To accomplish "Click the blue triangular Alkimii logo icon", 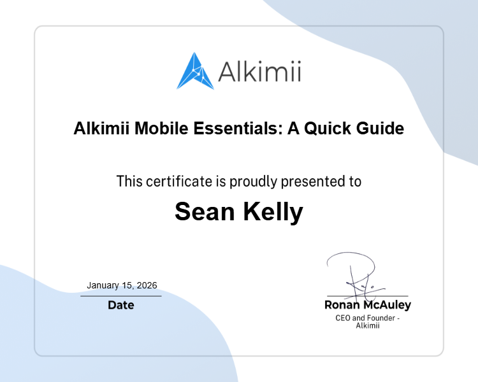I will point(196,71).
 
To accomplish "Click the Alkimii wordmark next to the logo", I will point(259,71).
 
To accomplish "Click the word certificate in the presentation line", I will point(180,181).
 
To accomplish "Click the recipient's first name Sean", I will point(204,212).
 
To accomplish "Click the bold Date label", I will point(121,305).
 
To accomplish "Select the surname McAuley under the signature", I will point(387,305).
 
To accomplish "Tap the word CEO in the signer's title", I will point(344,318).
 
